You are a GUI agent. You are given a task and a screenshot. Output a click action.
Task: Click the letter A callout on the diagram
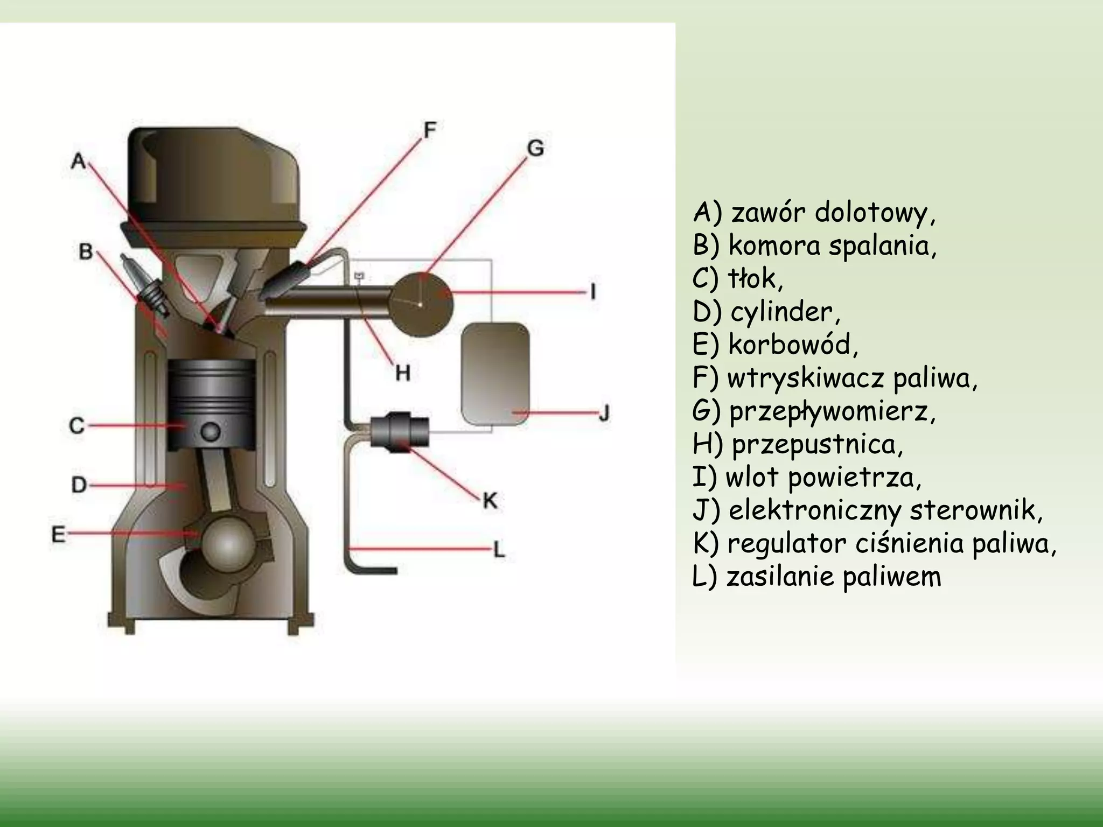(x=79, y=160)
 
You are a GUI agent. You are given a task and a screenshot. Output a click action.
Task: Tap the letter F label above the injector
(x=429, y=130)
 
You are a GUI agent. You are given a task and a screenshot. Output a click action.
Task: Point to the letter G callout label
(x=535, y=148)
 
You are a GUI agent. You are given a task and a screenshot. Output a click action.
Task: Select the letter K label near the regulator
(x=490, y=501)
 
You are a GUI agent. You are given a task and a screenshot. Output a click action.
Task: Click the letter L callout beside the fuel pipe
(x=500, y=550)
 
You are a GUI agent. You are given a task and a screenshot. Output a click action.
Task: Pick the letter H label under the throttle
(x=403, y=373)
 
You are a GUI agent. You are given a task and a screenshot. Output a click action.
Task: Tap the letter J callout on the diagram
(x=604, y=413)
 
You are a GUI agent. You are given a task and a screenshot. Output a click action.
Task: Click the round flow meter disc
(x=422, y=305)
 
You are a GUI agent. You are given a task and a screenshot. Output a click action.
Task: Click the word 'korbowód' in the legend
(x=793, y=344)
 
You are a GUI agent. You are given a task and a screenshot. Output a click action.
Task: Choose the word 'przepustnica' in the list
(x=817, y=445)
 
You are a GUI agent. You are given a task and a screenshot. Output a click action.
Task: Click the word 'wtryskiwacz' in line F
(x=805, y=379)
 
